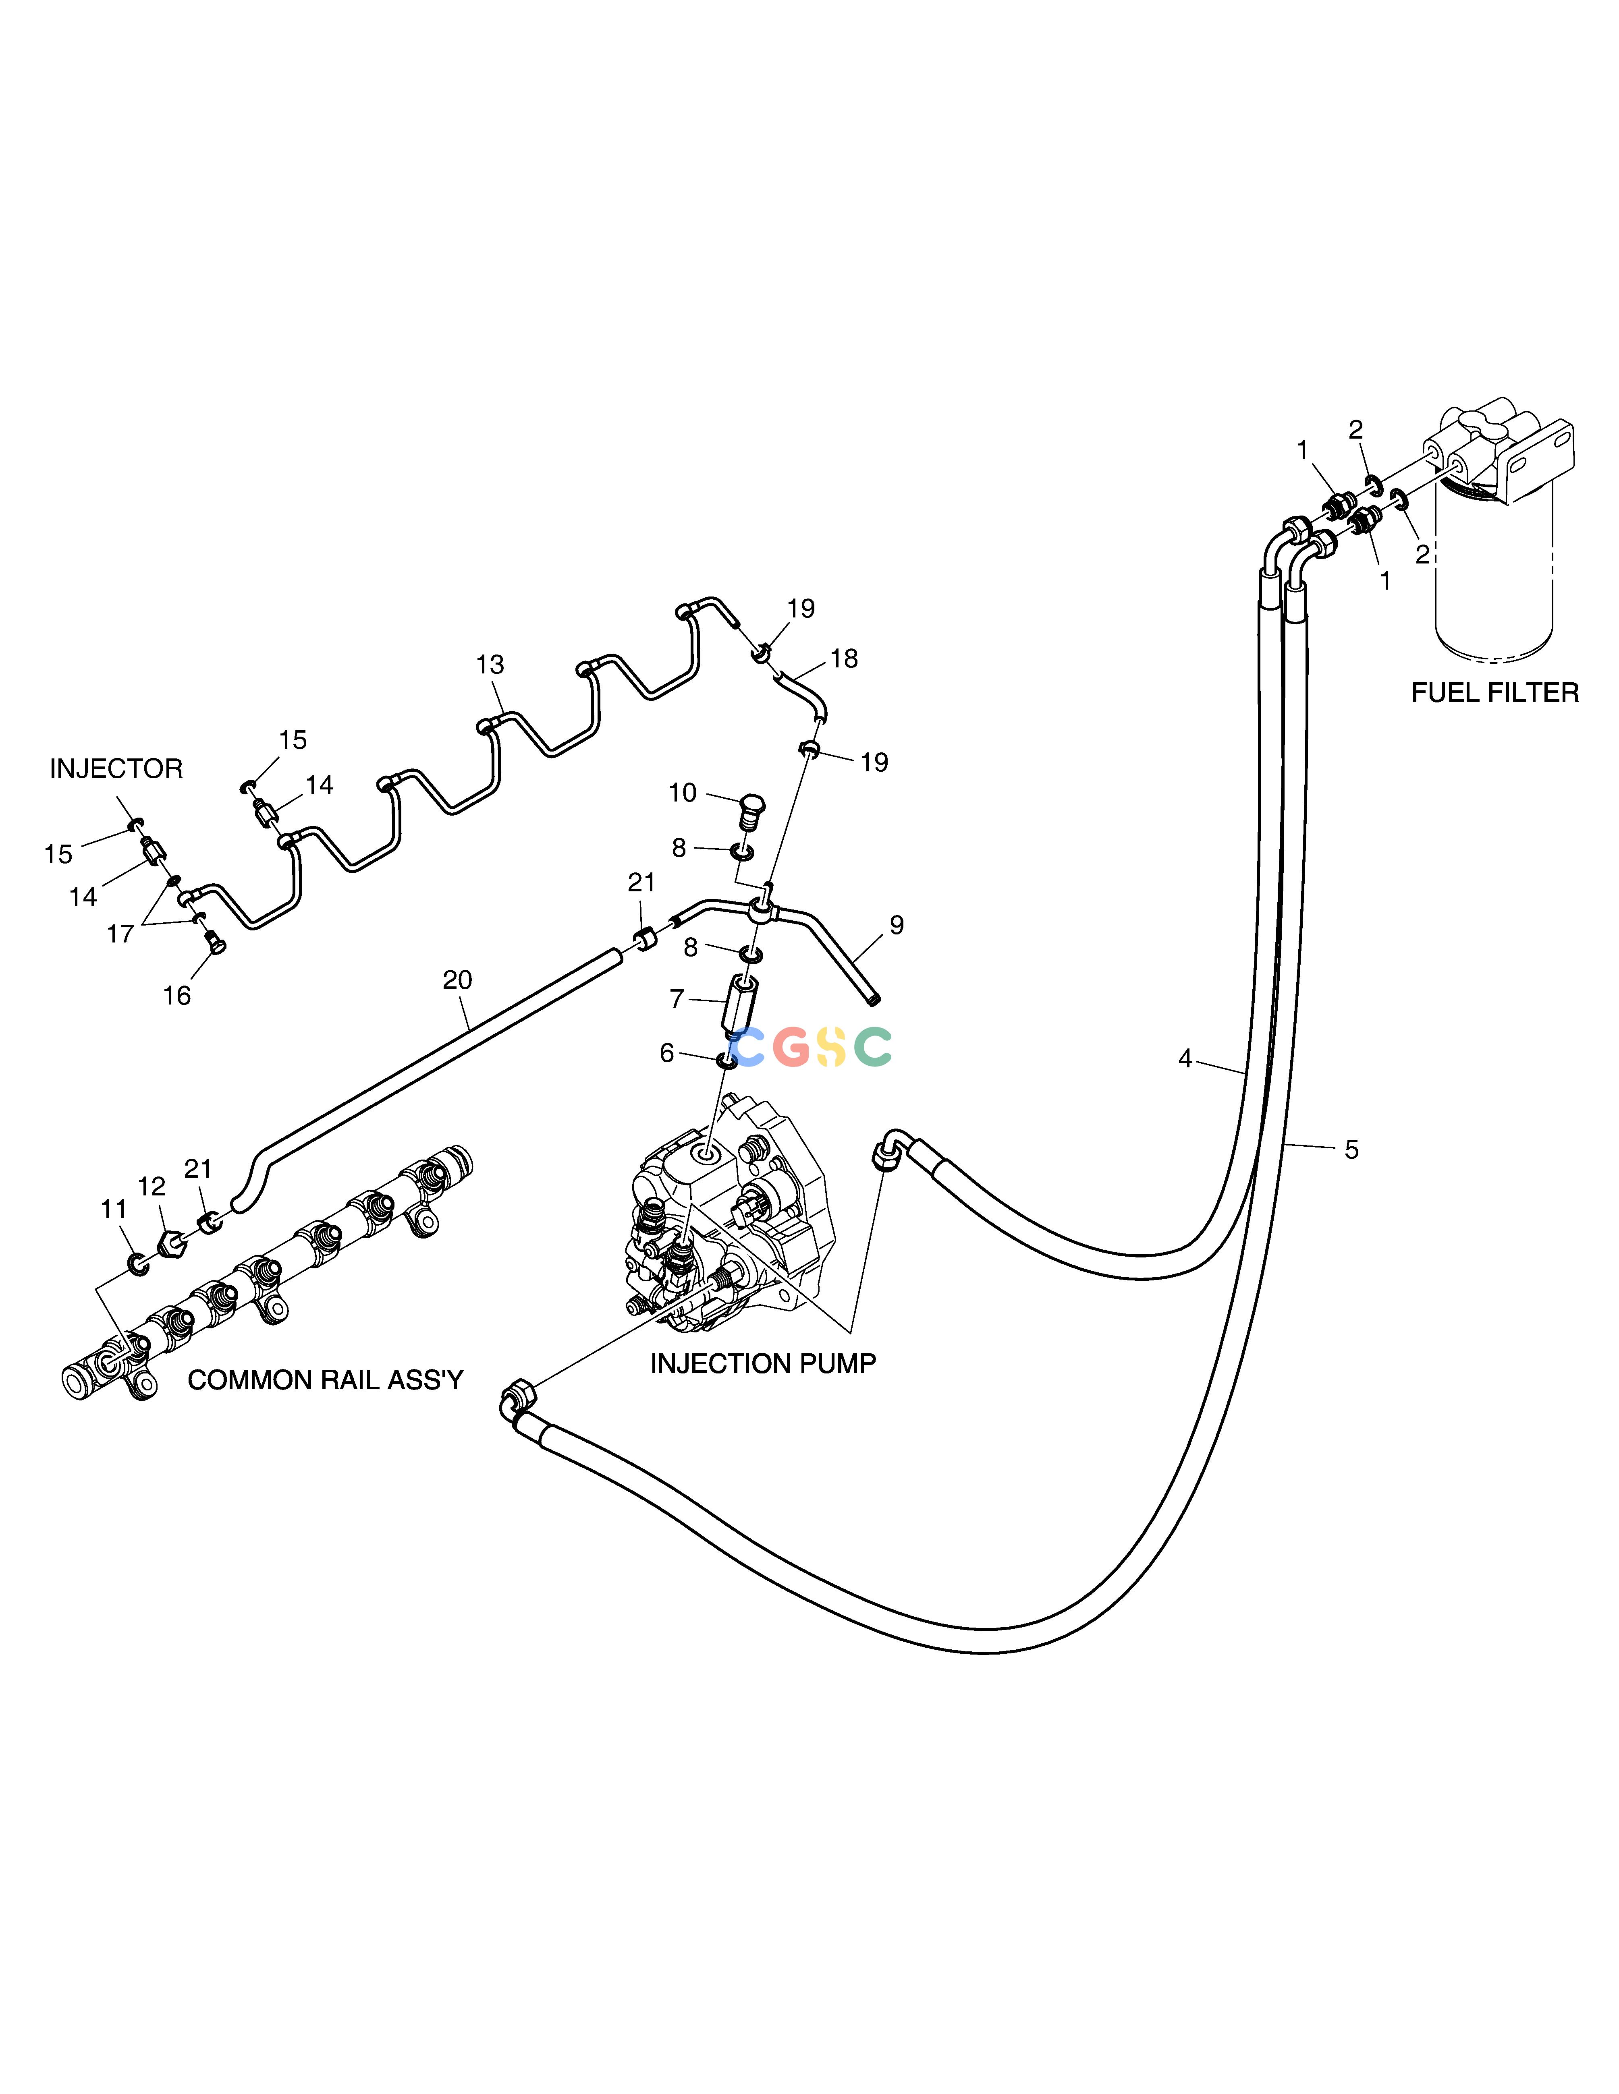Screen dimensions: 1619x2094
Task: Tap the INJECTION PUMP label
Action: pos(762,1363)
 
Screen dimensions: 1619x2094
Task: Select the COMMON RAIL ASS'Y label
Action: pos(325,1380)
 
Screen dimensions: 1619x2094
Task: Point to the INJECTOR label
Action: pos(116,769)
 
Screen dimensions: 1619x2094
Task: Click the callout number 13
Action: pos(490,665)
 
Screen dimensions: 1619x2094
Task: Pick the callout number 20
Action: pos(457,980)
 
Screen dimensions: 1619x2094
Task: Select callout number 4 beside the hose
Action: pos(1185,1058)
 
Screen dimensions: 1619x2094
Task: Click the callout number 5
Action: pos(1351,1149)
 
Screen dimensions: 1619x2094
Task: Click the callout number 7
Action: pos(677,999)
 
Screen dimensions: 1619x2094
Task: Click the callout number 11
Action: pos(113,1210)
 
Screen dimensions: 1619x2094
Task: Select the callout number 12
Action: pos(152,1187)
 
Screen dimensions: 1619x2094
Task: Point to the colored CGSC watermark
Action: pos(812,1047)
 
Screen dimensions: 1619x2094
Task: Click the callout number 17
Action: pos(120,934)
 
